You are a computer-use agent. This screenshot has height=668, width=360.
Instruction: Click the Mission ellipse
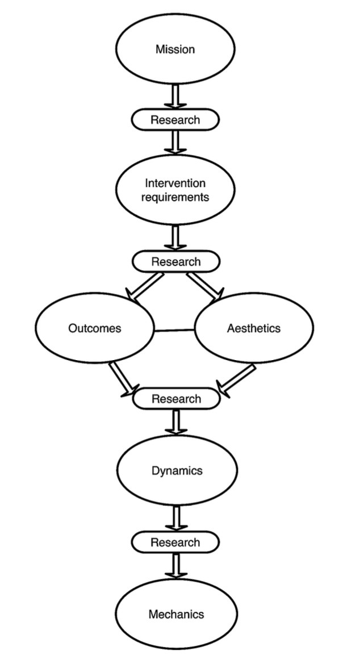coord(175,49)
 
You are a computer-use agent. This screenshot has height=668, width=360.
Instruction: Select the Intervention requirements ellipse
coord(175,190)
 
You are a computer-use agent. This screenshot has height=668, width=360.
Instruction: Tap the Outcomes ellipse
coord(95,328)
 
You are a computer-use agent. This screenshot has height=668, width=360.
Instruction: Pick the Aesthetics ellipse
coord(254,328)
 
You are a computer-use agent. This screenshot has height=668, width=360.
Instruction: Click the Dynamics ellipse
coord(177,470)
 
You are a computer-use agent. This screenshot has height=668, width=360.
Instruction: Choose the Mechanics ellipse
coord(177,614)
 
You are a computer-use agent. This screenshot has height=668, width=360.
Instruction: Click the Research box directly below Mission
coord(175,120)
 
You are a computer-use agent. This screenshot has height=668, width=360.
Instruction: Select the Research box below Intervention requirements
coord(176,261)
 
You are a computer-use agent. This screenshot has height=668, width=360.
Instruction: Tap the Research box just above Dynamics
coord(177,399)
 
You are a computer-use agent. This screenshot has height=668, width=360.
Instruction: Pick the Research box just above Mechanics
coord(175,542)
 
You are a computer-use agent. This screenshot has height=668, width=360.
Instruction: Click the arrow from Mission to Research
coord(175,97)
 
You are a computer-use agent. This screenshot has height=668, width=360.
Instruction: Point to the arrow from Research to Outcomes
coord(144,287)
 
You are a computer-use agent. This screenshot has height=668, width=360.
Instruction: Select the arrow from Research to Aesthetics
coord(206,287)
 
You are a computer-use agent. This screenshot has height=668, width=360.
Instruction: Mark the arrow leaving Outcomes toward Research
coord(124,380)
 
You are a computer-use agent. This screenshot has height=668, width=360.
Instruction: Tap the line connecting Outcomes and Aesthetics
coord(174,330)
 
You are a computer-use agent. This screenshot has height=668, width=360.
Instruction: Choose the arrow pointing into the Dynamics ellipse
coord(176,421)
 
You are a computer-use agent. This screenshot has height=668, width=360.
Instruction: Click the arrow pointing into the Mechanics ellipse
coord(176,565)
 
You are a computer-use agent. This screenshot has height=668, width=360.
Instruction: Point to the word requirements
coord(175,197)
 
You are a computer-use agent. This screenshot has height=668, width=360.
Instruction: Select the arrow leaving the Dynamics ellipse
coord(176,519)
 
